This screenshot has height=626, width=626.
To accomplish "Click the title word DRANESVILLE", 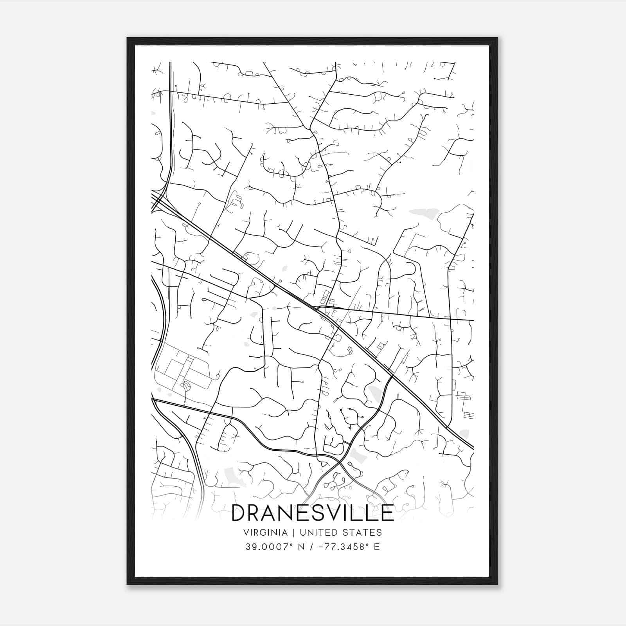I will coord(313,513).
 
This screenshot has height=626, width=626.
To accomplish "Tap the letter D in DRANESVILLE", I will coord(240,513).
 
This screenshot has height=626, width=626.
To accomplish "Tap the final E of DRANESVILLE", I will coord(387,513).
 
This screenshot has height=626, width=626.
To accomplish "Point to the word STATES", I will coord(363,532).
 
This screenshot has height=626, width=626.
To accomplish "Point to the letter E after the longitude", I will coord(377,547).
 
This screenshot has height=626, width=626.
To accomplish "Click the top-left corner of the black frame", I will coord(128,38).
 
